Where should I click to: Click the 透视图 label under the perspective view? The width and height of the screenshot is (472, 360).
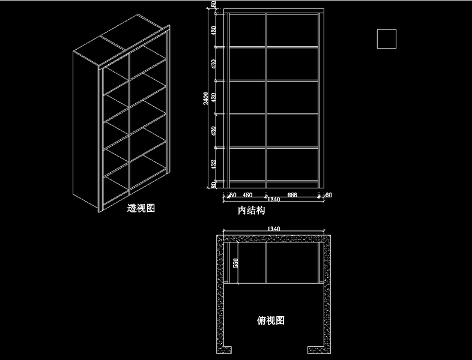142,209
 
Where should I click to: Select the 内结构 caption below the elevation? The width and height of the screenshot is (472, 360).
252,211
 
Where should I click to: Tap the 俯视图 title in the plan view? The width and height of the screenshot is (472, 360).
271,320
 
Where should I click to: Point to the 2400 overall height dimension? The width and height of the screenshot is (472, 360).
206,98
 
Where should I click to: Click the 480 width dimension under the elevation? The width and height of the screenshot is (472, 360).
247,195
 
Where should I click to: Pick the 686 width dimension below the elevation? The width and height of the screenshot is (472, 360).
292,195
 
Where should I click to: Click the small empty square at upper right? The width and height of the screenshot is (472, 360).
386,38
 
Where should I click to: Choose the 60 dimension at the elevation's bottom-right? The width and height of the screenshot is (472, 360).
328,195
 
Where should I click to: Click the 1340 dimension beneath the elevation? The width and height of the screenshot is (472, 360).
273,200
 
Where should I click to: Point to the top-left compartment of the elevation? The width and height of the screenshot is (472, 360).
247,29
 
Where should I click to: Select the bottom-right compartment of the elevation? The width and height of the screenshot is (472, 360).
292,164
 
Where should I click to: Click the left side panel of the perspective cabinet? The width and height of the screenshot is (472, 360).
86,129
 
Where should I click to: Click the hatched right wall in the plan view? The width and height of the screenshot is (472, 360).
327,288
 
